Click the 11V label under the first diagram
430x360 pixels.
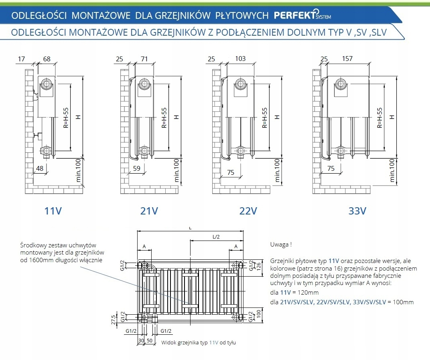(x=53, y=210)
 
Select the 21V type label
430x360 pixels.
(x=149, y=210)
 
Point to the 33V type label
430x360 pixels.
(x=357, y=210)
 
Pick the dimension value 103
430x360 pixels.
(x=240, y=59)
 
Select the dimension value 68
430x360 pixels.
(x=47, y=59)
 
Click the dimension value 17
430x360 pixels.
(x=21, y=59)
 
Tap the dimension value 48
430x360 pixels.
(x=40, y=168)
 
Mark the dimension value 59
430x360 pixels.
(x=136, y=168)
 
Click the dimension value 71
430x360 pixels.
(x=144, y=59)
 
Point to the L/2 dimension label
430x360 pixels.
(x=216, y=237)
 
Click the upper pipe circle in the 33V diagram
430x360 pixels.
(x=341, y=84)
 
